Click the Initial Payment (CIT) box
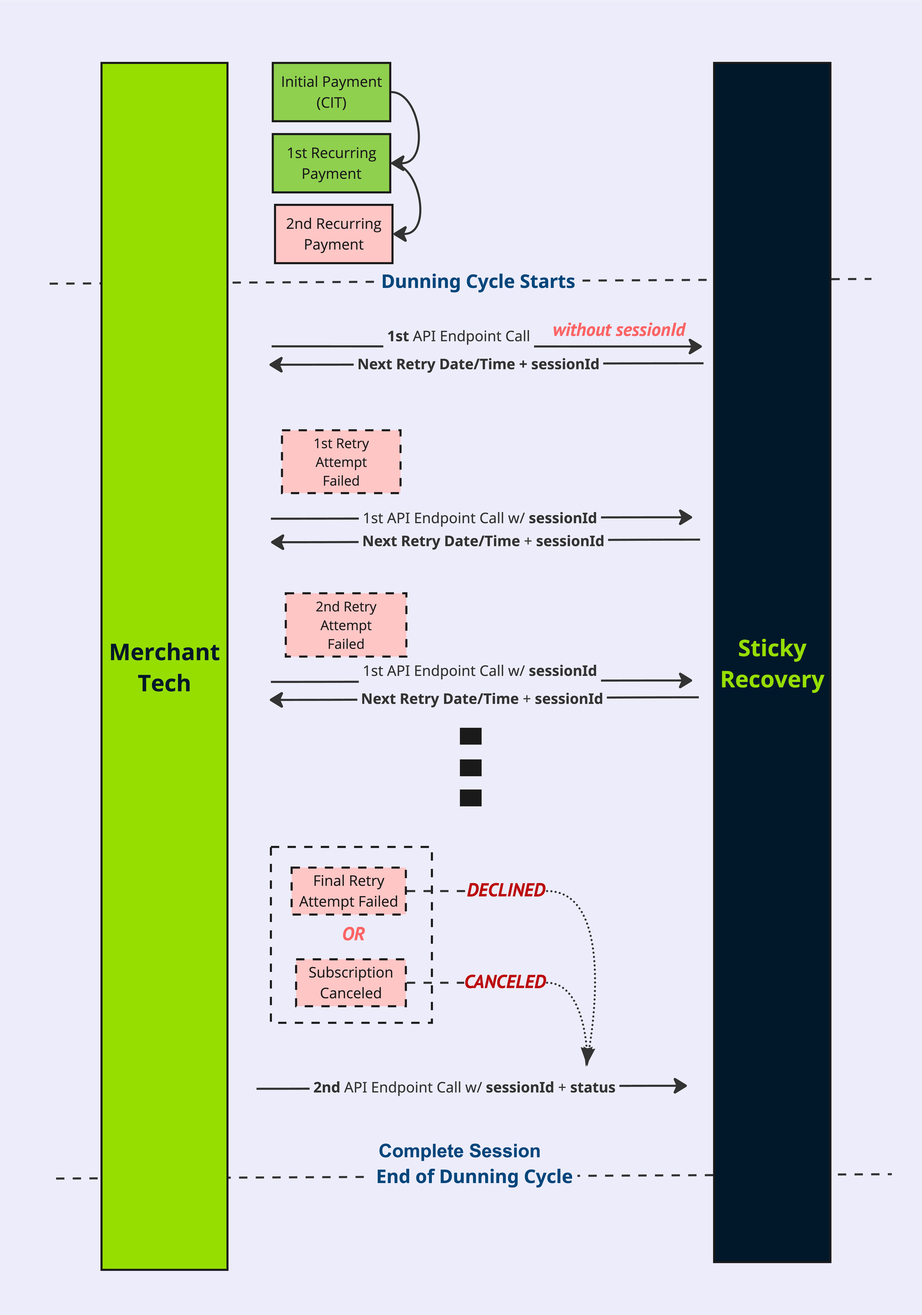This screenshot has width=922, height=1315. [331, 92]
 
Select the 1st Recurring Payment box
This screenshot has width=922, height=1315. [331, 163]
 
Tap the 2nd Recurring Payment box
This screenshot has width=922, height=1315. [333, 234]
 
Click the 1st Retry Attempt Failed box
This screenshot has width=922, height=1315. [341, 462]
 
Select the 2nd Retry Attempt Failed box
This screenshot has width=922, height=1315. [346, 625]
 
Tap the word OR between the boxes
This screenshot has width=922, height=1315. [354, 934]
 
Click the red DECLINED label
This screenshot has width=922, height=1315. [506, 890]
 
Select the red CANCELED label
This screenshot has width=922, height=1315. [505, 982]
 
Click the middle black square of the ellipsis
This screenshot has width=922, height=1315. [471, 767]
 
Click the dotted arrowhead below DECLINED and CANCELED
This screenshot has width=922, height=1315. [587, 1056]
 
